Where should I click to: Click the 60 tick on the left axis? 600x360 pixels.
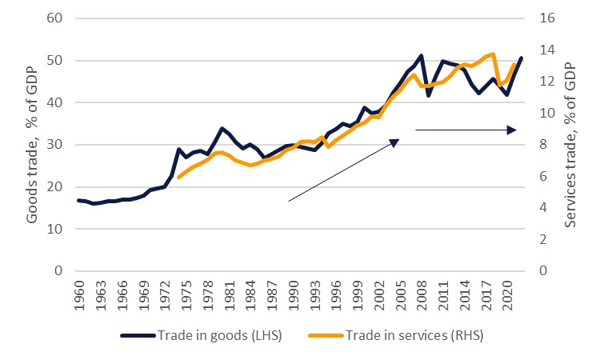tap(54, 18)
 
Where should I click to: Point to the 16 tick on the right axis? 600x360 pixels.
tap(545, 18)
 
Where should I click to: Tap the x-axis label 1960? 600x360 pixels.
tap(78, 297)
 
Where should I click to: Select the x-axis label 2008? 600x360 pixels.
tap(422, 297)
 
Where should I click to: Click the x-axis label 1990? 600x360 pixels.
tap(293, 297)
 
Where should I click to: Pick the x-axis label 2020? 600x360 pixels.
tap(507, 297)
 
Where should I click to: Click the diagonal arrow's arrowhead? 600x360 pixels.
tap(395, 142)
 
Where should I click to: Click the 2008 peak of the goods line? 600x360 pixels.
tap(421, 56)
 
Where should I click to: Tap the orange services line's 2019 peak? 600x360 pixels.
tap(493, 54)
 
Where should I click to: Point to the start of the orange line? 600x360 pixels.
tap(178, 177)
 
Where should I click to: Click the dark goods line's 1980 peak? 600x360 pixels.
tap(222, 128)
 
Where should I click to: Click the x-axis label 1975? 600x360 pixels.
tap(186, 297)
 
